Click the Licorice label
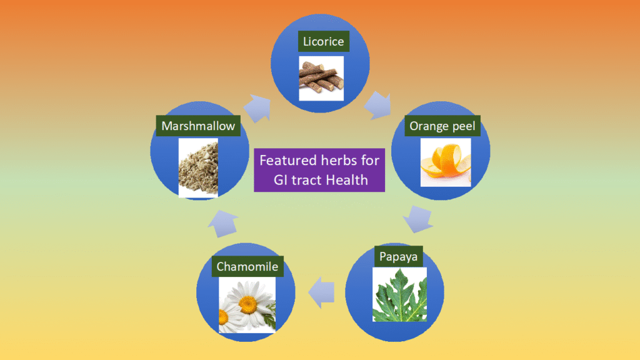pos(322,42)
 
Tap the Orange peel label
pos(442,127)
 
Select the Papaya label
pos(397,256)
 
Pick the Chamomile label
pos(247,267)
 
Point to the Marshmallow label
pos(198,126)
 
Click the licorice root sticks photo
pos(321,78)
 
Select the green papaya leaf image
pos(399,294)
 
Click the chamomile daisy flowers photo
pos(247,306)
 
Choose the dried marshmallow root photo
pos(198,167)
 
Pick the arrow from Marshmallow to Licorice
pos(257,107)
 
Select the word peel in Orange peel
pos(463,127)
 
